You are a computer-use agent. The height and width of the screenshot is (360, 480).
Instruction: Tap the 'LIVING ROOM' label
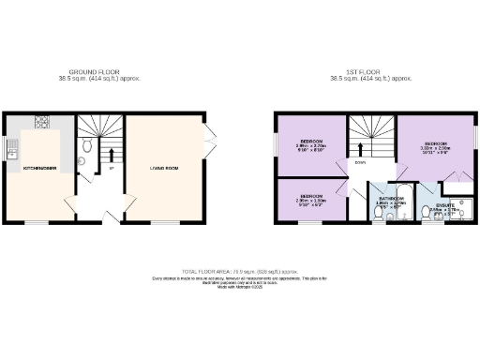click(x=165, y=168)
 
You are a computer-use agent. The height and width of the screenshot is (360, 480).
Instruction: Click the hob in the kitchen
click(x=41, y=122)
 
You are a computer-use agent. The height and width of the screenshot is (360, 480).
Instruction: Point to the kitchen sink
click(x=11, y=146)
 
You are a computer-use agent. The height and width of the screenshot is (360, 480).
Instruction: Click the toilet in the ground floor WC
click(x=85, y=146)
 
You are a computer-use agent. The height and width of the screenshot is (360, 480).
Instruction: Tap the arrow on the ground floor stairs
click(x=112, y=156)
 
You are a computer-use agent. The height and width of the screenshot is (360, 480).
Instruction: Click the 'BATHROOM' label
click(x=391, y=199)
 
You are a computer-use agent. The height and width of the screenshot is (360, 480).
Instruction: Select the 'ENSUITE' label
click(x=447, y=206)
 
